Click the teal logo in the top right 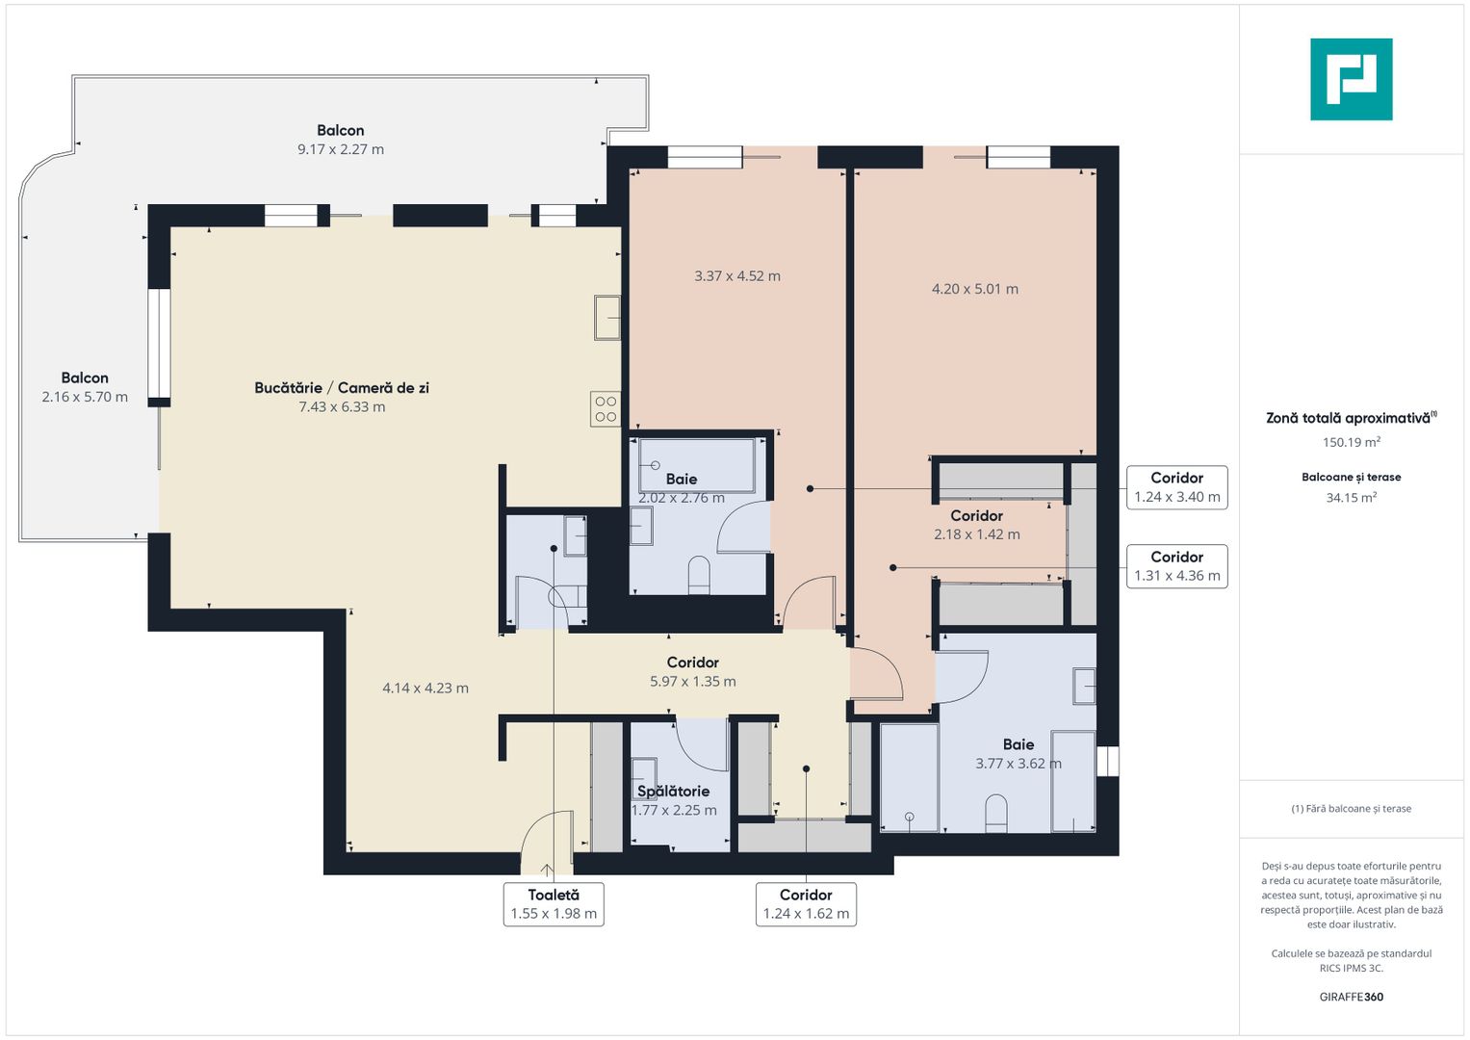1351,79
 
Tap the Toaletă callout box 554,904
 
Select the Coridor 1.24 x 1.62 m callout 806,904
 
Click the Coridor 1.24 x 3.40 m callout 1176,487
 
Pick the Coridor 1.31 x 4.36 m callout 1176,566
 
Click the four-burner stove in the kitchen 606,409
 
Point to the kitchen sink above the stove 606,318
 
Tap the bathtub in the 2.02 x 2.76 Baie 696,465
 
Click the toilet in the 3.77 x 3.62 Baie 996,814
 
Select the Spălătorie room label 673,792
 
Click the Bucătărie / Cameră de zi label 342,388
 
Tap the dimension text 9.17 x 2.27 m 341,149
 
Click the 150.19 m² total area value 1351,443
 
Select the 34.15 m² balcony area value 1351,498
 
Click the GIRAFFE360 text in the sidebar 1351,997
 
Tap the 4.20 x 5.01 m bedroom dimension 974,289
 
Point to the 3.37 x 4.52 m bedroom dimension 737,275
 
